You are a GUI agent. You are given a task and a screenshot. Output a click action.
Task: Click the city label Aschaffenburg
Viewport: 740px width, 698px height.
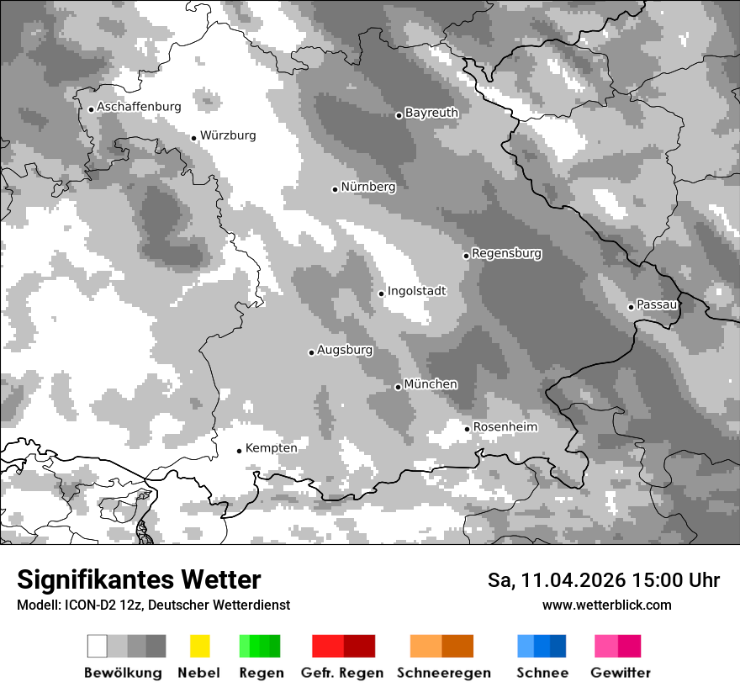pos(139,107)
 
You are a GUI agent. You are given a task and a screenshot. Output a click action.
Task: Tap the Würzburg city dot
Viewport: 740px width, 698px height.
pos(193,138)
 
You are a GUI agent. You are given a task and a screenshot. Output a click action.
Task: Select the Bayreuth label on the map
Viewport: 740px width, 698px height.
pos(431,113)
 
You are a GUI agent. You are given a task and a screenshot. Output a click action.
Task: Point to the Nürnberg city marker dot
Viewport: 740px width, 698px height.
pos(335,189)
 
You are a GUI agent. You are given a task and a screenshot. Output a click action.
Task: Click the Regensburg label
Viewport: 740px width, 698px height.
pos(506,253)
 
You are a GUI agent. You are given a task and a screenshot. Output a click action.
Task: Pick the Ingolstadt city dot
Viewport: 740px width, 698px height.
pos(381,293)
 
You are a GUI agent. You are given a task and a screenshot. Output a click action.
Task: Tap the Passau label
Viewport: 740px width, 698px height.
pos(657,304)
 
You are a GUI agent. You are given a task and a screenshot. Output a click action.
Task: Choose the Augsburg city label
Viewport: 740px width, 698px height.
pos(345,350)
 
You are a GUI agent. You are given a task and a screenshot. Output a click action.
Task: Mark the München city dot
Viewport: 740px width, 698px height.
pos(398,387)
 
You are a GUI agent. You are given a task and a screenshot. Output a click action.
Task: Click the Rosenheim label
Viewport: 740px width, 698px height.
pos(505,427)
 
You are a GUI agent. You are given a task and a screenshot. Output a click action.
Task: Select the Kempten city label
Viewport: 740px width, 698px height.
pos(271,448)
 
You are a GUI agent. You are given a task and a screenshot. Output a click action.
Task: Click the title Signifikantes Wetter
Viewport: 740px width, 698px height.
pos(139,580)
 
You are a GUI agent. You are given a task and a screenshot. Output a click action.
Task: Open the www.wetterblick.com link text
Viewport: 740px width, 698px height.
pos(606,605)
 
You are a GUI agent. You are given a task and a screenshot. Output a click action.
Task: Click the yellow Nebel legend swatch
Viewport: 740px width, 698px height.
pos(199,646)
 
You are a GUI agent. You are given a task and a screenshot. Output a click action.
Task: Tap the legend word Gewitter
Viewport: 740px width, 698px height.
pos(621,673)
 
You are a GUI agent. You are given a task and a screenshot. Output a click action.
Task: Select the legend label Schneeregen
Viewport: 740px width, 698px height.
pos(443,673)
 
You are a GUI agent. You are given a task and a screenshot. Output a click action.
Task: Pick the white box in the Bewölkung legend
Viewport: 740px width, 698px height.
pos(98,646)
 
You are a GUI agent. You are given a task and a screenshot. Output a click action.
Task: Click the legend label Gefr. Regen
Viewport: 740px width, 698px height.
pos(342,673)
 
